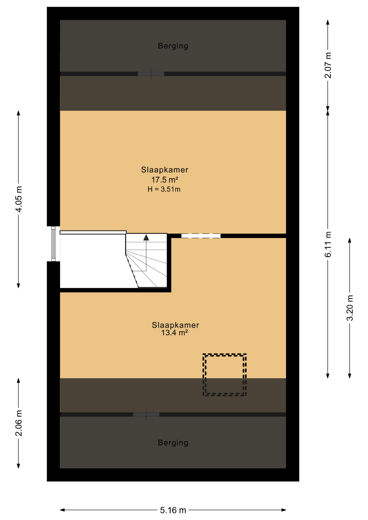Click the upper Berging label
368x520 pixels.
coord(173,46)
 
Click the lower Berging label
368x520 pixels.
coord(173,443)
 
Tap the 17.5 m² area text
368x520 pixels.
coord(164,180)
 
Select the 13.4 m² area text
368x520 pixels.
coord(175,333)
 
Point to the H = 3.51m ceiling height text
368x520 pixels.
coord(164,189)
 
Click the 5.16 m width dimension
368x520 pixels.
coord(173,510)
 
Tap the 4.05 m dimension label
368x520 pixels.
coord(19,199)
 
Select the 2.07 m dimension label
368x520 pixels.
coord(328,65)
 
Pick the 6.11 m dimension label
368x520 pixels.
coord(328,244)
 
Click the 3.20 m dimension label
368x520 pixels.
coord(350,308)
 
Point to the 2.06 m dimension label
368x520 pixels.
coord(19,423)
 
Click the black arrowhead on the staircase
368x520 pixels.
coord(146,238)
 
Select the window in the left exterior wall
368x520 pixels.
coord(53,244)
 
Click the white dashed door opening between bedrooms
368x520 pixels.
coord(201,236)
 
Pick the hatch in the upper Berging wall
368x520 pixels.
coord(151,74)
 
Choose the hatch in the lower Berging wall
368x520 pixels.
coord(146,415)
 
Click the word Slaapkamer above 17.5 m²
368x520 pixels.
coord(164,170)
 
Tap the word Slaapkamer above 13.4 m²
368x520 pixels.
coord(175,325)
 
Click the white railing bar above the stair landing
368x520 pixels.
coord(93,232)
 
